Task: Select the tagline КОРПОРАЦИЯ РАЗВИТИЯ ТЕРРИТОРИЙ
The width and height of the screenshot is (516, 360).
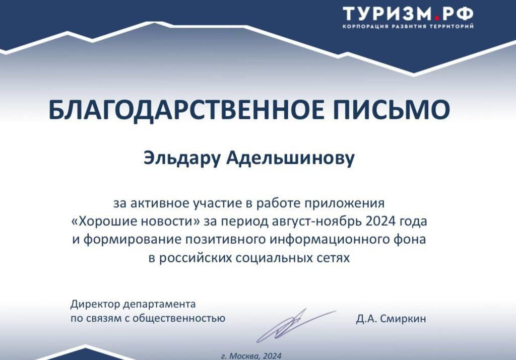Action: [408, 26]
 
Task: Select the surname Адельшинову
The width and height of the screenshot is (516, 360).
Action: [290, 158]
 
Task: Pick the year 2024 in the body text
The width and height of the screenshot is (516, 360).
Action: [380, 221]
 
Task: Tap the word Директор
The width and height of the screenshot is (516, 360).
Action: [95, 305]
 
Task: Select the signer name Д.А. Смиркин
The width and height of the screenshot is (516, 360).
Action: [391, 318]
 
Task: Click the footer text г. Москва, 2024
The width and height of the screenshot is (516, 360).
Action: [251, 356]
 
